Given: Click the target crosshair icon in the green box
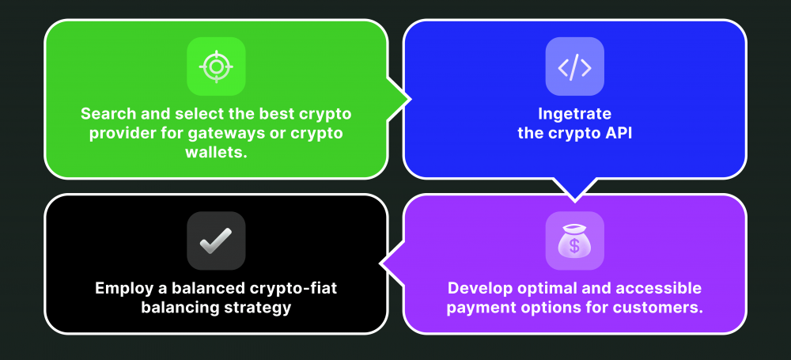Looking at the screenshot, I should pos(216,66).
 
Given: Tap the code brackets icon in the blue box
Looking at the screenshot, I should pos(574,67).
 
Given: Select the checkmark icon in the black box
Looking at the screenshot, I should pos(216,241).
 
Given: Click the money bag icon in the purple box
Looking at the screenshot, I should pos(574,241).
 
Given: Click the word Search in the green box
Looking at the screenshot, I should pos(107,113).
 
